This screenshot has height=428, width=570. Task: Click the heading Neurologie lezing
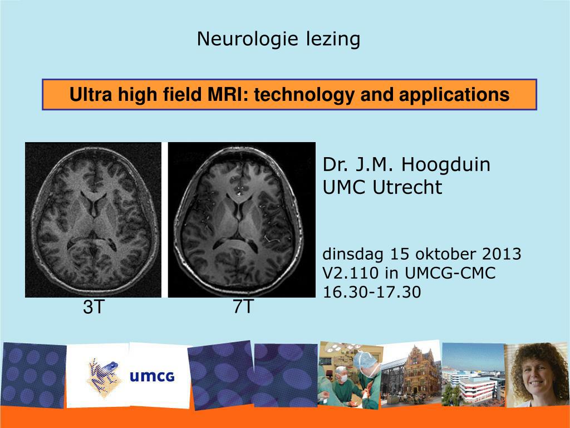(278, 39)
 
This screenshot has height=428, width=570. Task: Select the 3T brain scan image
(93, 220)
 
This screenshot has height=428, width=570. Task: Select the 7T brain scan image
(242, 220)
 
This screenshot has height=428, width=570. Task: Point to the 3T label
(94, 307)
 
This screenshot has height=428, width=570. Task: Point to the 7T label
(243, 307)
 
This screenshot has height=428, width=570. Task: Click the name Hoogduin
(446, 165)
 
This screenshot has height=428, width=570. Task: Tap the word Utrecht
(407, 187)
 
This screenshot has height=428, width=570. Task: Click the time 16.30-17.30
(372, 291)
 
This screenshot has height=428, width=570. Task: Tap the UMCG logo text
(152, 377)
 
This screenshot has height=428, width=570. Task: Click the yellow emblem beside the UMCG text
(104, 377)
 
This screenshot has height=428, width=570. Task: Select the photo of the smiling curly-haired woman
(538, 374)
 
